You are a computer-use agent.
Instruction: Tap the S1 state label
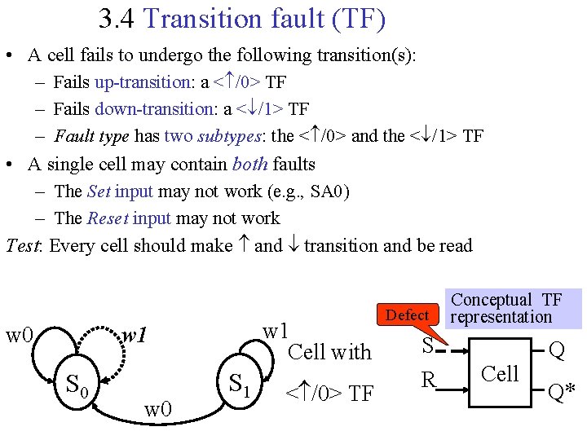[239, 381]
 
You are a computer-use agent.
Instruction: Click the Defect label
[407, 315]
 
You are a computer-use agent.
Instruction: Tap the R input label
[428, 381]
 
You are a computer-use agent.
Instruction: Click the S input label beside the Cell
[426, 346]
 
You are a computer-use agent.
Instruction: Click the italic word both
[249, 164]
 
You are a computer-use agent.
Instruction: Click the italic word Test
[23, 245]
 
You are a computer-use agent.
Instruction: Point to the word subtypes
[224, 136]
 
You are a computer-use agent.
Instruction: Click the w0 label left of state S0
[19, 335]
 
